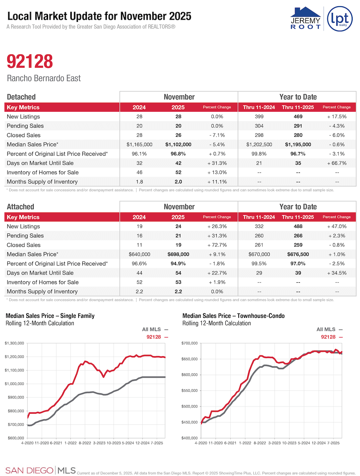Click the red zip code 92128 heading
pos(30,61)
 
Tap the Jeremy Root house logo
pos(305,18)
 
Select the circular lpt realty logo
pos(340,19)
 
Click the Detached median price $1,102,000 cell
pos(178,144)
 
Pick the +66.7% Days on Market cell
pos(337,163)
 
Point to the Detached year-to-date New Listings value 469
pos(298,116)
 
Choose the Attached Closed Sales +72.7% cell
pos(217,245)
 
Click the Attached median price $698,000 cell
pos(178,254)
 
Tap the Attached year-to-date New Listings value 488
pos(298,226)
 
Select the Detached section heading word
pos(21,97)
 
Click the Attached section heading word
pos(21,207)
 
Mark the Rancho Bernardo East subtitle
pos(44,78)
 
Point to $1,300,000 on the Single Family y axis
pos(14,343)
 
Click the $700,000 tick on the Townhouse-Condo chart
pos(189,343)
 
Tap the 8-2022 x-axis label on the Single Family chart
pos(85,443)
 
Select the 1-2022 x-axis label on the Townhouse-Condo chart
pos(245,443)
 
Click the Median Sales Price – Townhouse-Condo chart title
pos(233,316)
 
